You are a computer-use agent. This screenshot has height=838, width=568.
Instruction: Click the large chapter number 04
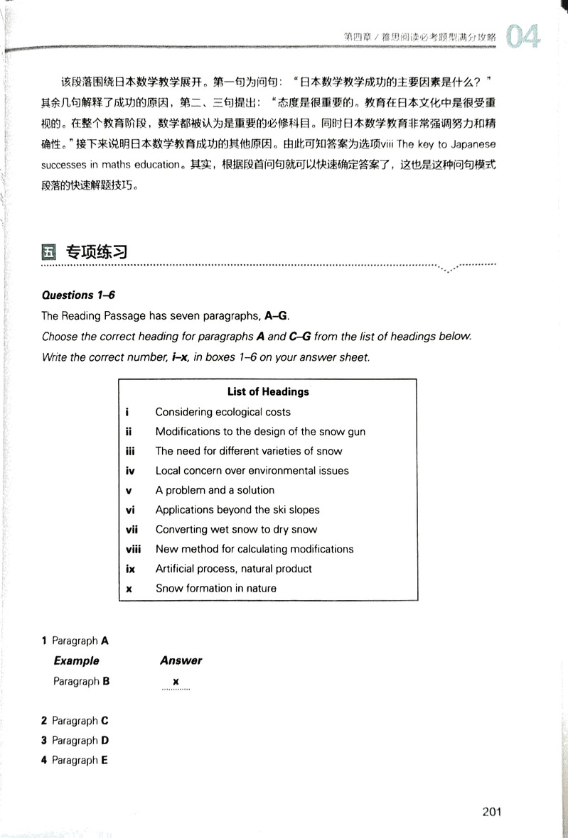tap(523, 36)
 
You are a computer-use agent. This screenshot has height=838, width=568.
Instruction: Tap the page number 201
tap(492, 812)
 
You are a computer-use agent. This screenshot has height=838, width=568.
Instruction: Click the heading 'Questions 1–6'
tap(68, 295)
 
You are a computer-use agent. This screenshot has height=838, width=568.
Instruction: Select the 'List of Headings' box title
tap(268, 391)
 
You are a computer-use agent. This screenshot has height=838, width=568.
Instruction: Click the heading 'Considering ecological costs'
tap(223, 412)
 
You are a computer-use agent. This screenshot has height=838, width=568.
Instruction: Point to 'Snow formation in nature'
tap(215, 588)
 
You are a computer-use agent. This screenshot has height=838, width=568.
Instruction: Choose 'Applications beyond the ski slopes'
tap(237, 510)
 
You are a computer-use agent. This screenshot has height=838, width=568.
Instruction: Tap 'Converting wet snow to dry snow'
tap(236, 529)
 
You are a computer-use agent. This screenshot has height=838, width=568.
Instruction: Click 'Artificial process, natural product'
tap(233, 568)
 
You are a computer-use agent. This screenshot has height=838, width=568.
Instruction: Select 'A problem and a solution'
tap(215, 490)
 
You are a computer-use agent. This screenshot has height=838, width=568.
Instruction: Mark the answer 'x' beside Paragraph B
tap(175, 681)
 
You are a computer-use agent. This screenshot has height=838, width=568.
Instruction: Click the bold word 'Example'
tap(76, 660)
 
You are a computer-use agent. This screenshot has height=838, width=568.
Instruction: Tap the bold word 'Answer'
tap(181, 660)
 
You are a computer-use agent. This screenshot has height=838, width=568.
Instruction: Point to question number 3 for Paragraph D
tap(44, 741)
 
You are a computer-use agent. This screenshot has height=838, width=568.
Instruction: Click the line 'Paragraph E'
tap(80, 760)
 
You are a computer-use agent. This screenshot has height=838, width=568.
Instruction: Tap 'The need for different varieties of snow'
tap(249, 451)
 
